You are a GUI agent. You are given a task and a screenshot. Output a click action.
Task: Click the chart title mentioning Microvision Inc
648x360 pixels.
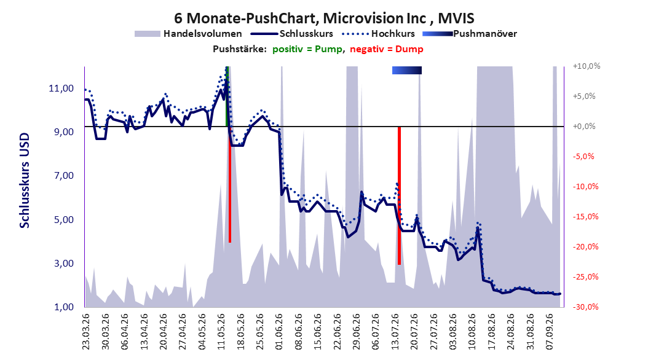[x=324, y=18]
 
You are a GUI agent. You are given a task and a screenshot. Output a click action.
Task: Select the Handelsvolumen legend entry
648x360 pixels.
[x=189, y=34]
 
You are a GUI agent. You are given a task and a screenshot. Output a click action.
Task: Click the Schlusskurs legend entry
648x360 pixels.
[x=292, y=34]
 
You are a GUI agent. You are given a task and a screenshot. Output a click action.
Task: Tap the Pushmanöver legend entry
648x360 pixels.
[x=470, y=34]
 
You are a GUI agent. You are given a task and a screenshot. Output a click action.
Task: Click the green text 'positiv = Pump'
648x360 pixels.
[x=307, y=49]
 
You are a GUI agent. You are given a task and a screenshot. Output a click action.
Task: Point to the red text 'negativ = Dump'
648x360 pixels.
[x=387, y=49]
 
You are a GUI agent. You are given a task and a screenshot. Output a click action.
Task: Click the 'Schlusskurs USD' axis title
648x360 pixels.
[x=25, y=181]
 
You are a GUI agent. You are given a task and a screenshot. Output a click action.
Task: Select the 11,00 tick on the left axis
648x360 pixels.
[x=61, y=88]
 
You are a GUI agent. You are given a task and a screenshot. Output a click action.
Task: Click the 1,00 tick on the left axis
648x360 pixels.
[x=64, y=307]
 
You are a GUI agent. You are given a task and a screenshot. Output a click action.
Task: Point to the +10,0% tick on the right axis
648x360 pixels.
[x=587, y=66]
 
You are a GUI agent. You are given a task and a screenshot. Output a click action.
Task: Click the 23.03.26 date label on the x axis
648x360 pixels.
[x=85, y=332]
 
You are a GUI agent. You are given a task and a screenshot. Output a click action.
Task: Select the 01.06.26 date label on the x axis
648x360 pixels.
[x=279, y=332]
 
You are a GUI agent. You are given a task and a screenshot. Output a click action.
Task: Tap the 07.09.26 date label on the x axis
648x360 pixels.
[x=550, y=332]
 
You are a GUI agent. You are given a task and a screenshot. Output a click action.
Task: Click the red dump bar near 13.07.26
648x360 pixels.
[x=399, y=196]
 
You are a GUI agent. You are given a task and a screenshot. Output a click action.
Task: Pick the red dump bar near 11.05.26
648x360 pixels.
[x=230, y=184]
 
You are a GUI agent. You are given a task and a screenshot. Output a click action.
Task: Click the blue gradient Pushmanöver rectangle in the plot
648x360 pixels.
[x=407, y=70]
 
